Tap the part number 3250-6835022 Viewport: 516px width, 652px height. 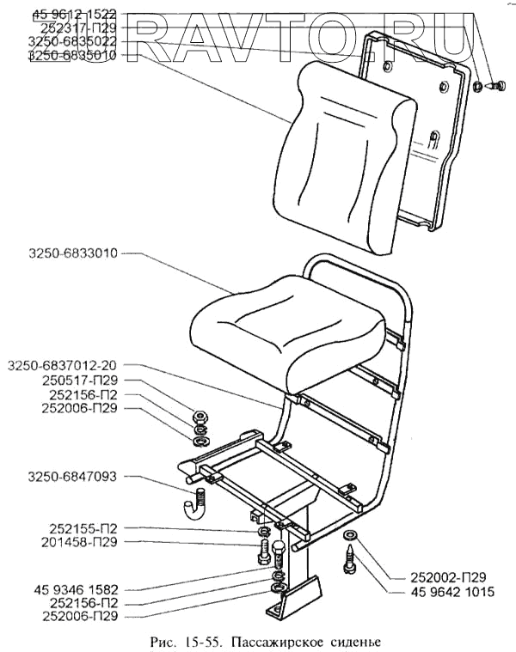[71, 41]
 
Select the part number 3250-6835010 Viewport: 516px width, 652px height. [71, 55]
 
